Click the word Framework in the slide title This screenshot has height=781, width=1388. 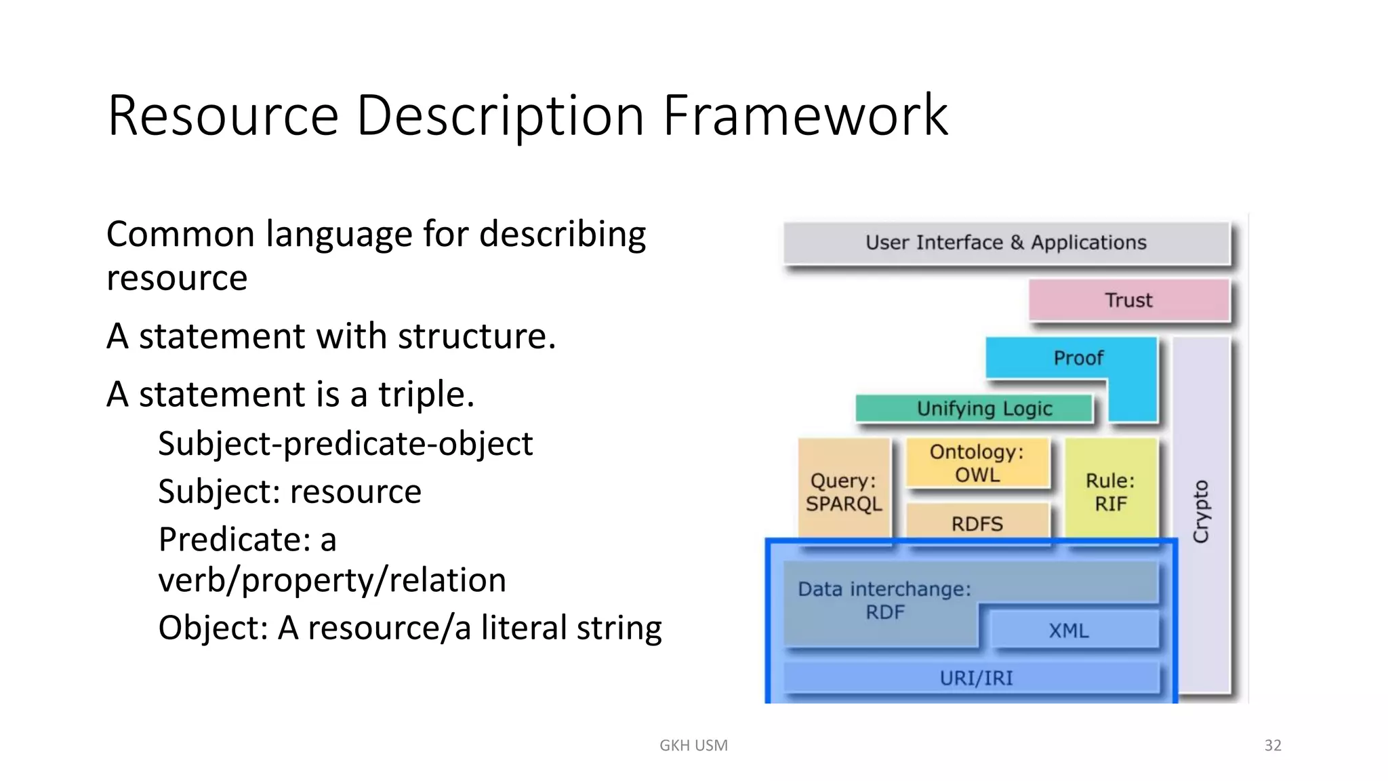(804, 115)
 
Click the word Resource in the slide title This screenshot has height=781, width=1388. (223, 115)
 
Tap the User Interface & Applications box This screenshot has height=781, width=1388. (1006, 243)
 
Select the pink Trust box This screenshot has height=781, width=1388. (1128, 300)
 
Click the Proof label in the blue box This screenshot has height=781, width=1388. (1078, 357)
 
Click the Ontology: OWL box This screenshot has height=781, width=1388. (977, 463)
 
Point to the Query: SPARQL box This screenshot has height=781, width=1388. (844, 492)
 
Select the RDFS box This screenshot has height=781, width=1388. (977, 523)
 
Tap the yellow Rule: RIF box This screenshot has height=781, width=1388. (1110, 492)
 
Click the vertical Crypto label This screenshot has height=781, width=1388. (1201, 511)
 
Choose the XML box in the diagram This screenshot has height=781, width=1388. (1069, 630)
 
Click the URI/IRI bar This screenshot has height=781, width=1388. (976, 678)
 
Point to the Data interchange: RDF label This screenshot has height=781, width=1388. (884, 600)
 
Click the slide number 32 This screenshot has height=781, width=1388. (1273, 745)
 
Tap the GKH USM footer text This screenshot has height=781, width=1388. (693, 745)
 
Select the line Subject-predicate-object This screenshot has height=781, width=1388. (345, 444)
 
